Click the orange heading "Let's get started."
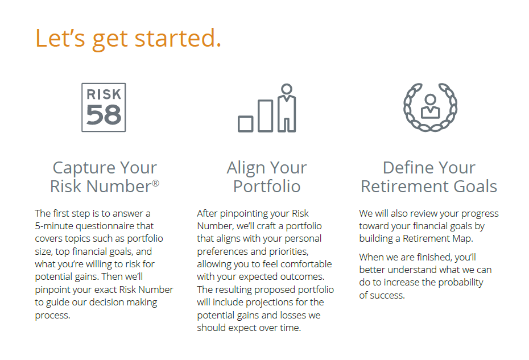click(x=128, y=39)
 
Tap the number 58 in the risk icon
click(x=104, y=115)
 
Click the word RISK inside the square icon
click(x=104, y=94)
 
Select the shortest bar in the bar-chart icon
click(x=245, y=124)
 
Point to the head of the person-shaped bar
click(x=287, y=89)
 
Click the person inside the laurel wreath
click(x=430, y=106)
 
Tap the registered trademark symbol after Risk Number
click(x=155, y=183)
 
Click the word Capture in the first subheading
click(x=84, y=168)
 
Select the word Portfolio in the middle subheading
click(x=267, y=186)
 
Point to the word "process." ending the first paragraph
click(x=53, y=316)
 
